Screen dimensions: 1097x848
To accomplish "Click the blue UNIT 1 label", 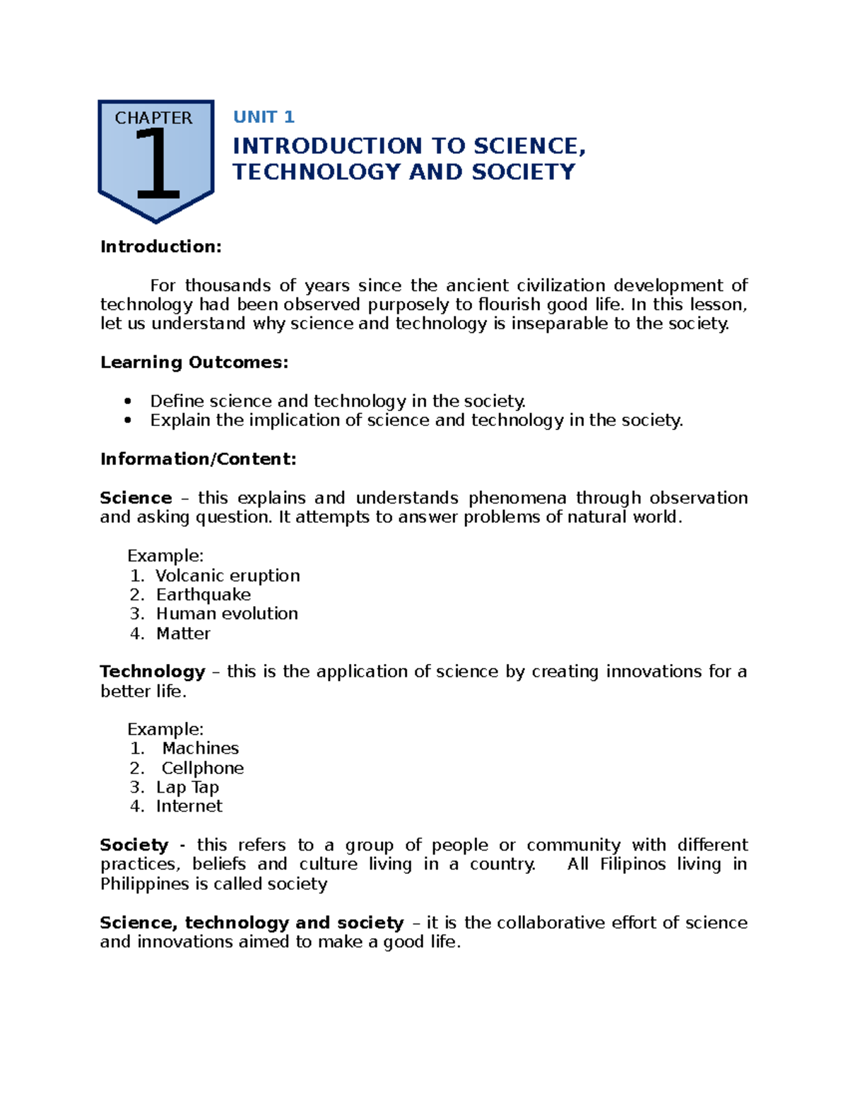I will [264, 117].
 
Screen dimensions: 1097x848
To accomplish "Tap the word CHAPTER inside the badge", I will [153, 118].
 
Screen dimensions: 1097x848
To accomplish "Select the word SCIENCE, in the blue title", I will [529, 146].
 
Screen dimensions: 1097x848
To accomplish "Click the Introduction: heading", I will [161, 247].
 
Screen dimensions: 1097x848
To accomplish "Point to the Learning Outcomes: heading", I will [194, 362].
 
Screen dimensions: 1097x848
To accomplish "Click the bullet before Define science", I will [128, 401].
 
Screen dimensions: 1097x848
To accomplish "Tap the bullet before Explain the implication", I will [128, 420].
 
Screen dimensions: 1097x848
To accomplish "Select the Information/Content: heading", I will [198, 459].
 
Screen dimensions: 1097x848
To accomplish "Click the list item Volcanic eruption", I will [228, 576].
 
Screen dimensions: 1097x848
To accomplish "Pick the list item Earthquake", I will [204, 595].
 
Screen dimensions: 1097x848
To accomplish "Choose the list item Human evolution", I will [227, 614].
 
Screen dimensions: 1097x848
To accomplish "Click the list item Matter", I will [183, 634].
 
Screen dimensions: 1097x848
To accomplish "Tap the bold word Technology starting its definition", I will [153, 671].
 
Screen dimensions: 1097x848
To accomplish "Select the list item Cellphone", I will [203, 768].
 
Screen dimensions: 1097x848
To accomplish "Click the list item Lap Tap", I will [187, 787].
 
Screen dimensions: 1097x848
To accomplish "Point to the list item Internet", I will [189, 806].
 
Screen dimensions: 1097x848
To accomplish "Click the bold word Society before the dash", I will [134, 845].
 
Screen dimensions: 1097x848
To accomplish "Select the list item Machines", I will [201, 748].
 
